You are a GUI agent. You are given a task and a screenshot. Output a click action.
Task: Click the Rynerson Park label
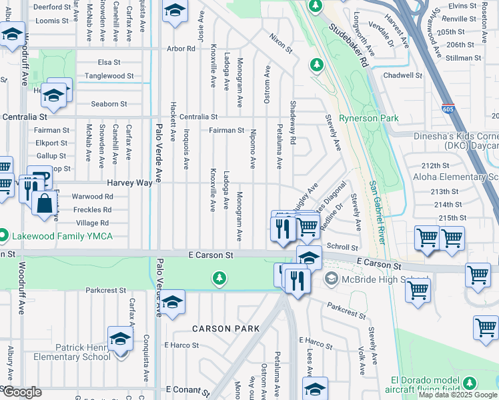click(x=369, y=119)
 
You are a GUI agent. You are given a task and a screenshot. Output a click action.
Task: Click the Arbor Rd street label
click(x=181, y=49)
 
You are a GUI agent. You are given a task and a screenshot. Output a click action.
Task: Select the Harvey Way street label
click(x=126, y=183)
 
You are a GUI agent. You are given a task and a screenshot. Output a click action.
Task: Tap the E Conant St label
click(x=188, y=389)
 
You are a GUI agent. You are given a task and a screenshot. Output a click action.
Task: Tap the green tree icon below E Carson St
click(x=218, y=277)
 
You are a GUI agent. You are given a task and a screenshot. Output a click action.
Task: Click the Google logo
click(x=21, y=392)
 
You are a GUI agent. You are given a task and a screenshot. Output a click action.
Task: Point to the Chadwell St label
click(x=403, y=76)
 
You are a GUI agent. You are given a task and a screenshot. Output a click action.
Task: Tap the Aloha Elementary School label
click(x=456, y=177)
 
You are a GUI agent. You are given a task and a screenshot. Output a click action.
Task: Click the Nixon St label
click(x=281, y=43)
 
